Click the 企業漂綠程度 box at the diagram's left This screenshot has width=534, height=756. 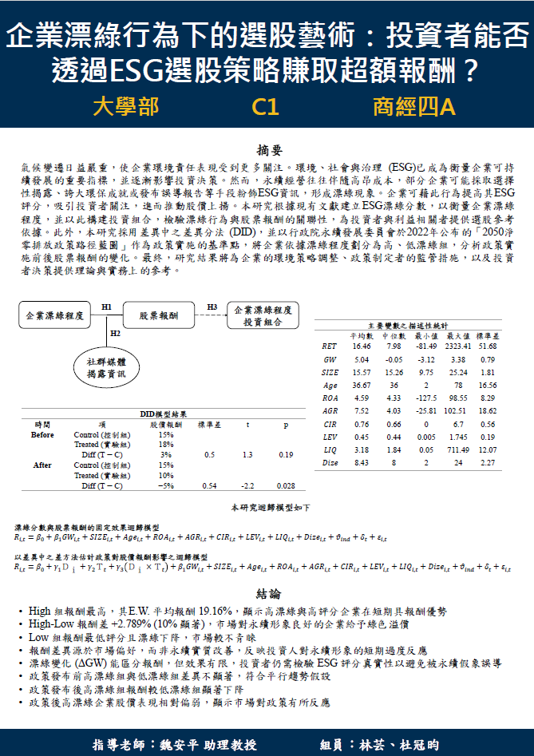pos(54,316)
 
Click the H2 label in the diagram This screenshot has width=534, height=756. pos(115,333)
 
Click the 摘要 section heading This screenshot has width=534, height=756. pos(267,150)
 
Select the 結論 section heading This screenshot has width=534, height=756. pos(267,594)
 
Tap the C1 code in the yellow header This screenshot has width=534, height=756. pos(265,107)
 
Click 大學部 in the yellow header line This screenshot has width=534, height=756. pos(125,107)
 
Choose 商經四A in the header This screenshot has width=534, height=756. pos(413,107)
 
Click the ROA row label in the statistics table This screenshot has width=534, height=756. pos(329,397)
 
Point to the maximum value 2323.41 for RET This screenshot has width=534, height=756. pos(459,346)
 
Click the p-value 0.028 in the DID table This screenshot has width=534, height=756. pos(286,485)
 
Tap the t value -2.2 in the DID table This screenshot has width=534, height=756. pos(247,485)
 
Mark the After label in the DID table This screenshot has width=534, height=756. pos(42,465)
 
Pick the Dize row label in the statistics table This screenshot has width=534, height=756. pos(330,461)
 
